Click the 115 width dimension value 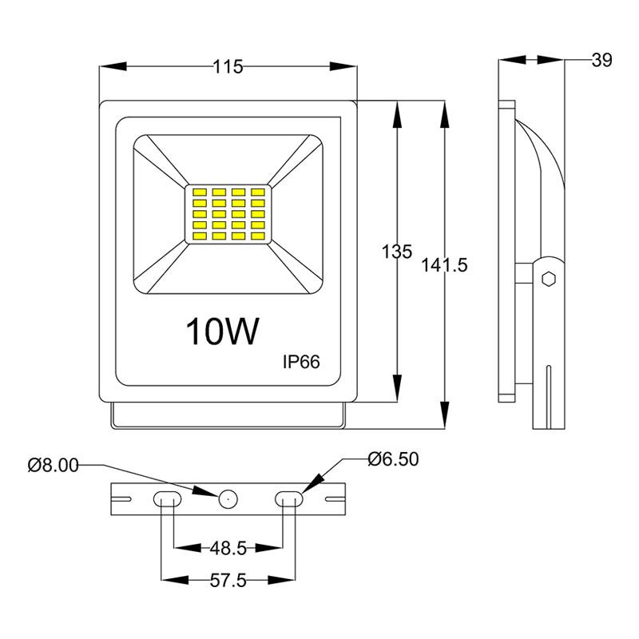pos(228,68)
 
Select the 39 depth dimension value pos(601,60)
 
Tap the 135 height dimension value pos(396,252)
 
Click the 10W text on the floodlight pos(223,332)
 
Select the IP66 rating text pos(301,362)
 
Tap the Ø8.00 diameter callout pos(53,465)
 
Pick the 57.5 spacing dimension pos(228,581)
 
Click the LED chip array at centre pos(228,215)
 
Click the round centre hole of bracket pos(228,498)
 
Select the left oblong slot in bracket pos(167,498)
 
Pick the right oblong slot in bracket pos(288,498)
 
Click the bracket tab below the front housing pos(228,415)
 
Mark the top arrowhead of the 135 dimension pos(396,112)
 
